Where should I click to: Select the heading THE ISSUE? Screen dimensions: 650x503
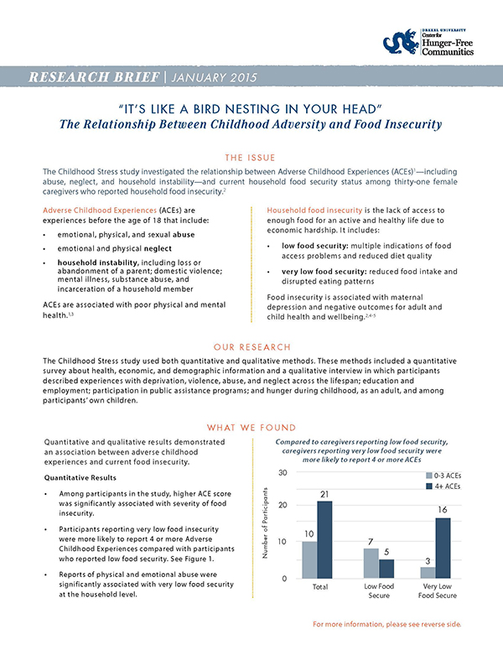pos(251,156)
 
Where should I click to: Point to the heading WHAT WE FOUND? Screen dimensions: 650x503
pos(251,426)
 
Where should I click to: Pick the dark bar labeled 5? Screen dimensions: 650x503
pos(387,568)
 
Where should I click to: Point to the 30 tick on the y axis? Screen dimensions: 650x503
pos(283,474)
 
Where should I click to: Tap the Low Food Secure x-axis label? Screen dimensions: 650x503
pos(380,592)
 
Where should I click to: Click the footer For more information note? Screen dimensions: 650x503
pos(386,625)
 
